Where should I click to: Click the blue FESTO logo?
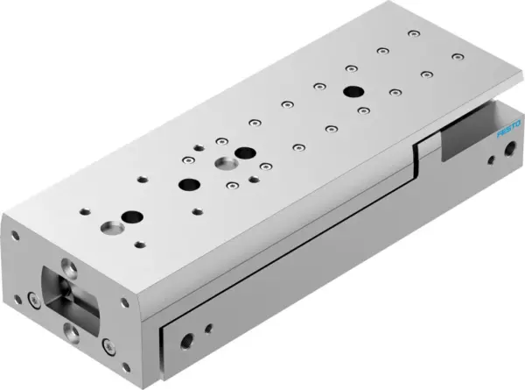click(505, 135)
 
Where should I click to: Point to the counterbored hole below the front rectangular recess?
click(69, 330)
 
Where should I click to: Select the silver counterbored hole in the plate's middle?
click(224, 164)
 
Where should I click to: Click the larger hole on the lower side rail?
click(186, 339)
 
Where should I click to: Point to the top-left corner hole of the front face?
click(15, 235)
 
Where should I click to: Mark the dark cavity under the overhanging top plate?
click(464, 137)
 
